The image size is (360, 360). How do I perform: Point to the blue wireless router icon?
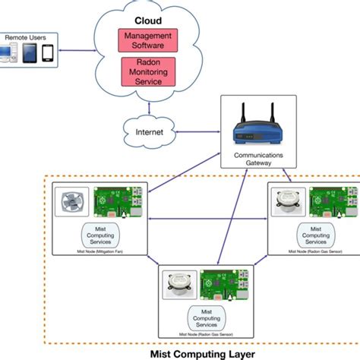[252, 131]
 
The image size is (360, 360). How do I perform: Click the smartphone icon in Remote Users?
[47, 53]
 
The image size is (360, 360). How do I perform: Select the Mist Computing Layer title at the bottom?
[204, 352]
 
